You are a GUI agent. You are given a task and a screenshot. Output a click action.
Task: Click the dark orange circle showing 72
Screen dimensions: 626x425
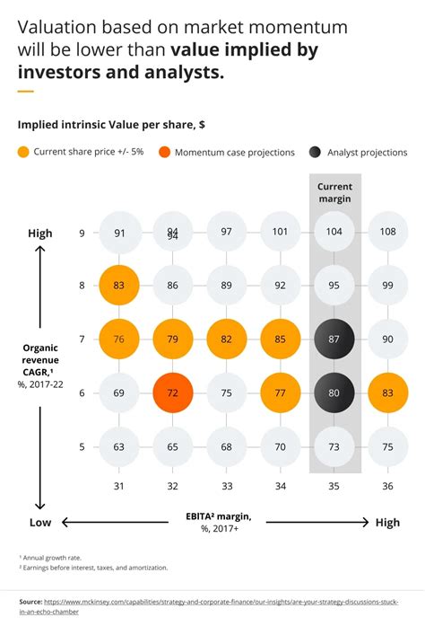tap(173, 392)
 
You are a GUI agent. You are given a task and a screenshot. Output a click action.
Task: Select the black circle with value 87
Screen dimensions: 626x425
tap(334, 339)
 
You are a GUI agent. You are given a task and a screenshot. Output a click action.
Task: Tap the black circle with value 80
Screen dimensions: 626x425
tap(334, 392)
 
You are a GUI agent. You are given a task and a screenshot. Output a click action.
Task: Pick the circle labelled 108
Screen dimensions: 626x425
tap(388, 233)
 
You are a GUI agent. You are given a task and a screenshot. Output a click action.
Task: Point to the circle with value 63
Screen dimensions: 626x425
tap(119, 445)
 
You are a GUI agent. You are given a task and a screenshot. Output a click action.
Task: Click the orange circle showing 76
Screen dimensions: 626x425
tap(119, 339)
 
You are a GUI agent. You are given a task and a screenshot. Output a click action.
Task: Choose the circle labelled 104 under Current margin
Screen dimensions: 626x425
tap(334, 233)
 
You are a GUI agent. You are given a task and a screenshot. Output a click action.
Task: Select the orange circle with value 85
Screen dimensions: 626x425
tap(281, 339)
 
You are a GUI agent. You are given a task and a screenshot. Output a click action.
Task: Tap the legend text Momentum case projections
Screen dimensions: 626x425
tap(235, 153)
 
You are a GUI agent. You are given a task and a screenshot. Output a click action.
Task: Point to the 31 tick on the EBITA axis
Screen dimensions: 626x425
tap(119, 487)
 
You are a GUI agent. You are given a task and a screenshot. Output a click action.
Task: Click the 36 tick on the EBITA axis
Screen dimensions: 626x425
tap(388, 487)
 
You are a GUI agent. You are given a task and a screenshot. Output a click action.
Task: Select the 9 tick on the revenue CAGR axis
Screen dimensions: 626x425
tap(82, 234)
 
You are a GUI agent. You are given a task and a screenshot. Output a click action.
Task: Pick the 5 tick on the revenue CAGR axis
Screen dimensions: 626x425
tap(82, 446)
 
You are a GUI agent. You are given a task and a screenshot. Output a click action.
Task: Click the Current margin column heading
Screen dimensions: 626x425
tap(334, 192)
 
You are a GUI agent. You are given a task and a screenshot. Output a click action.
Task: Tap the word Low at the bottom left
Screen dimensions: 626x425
tap(40, 522)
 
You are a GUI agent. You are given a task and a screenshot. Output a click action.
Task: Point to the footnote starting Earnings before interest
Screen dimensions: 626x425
tap(93, 568)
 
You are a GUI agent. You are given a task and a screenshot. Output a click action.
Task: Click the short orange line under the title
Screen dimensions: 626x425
tap(25, 92)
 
